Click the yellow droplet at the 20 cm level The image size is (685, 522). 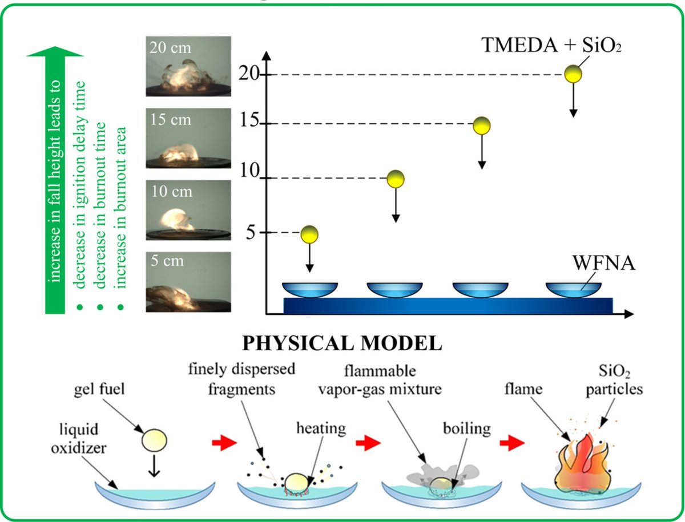573,74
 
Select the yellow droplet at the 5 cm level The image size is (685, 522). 309,234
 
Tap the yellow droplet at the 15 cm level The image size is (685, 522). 482,126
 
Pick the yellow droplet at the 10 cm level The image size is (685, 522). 396,179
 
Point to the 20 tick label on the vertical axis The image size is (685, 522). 249,74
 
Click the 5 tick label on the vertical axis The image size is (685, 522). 251,233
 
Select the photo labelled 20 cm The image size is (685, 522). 188,66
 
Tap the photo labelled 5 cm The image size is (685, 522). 188,282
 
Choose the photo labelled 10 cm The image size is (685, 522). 188,210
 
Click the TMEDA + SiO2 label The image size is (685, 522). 551,45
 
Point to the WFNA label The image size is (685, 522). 603,263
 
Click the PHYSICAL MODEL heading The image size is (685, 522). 342,343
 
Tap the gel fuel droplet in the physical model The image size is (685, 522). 154,440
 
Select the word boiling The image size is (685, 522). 466,429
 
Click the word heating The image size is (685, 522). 321,428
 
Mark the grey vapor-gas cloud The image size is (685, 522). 440,475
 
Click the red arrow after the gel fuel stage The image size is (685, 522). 224,443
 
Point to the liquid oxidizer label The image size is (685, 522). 79,439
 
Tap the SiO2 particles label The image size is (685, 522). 614,380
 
